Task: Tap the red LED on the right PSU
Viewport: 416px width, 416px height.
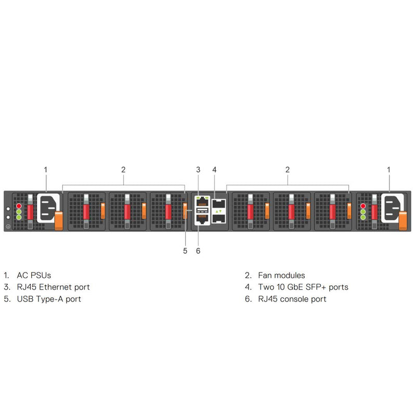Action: tap(363, 206)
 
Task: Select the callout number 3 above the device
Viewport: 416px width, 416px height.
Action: tap(198, 170)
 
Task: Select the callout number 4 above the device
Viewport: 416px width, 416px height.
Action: tap(215, 170)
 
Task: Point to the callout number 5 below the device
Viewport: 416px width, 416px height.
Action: tap(185, 251)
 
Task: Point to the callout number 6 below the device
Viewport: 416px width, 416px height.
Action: tap(198, 251)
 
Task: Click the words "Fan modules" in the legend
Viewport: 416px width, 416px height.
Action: tap(281, 276)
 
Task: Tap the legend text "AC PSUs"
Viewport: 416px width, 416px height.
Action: tap(34, 276)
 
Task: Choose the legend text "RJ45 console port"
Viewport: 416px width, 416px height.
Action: tap(292, 299)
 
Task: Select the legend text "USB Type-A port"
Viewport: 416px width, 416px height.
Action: tap(49, 299)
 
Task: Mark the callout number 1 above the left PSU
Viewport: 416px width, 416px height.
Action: tap(46, 170)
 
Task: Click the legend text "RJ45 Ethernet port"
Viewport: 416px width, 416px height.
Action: tap(53, 287)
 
